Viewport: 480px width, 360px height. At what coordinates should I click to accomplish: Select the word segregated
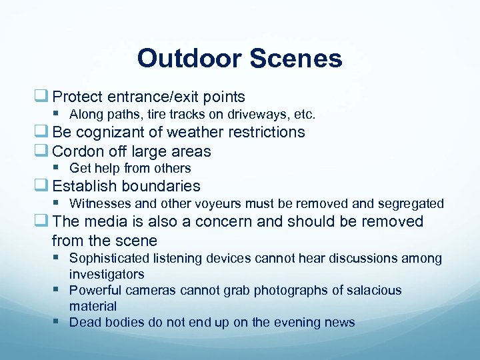(x=411, y=203)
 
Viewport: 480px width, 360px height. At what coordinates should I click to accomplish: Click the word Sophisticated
(x=109, y=258)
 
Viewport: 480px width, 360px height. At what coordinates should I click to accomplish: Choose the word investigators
(x=107, y=274)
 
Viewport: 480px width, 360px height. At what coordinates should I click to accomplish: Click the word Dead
(x=83, y=323)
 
